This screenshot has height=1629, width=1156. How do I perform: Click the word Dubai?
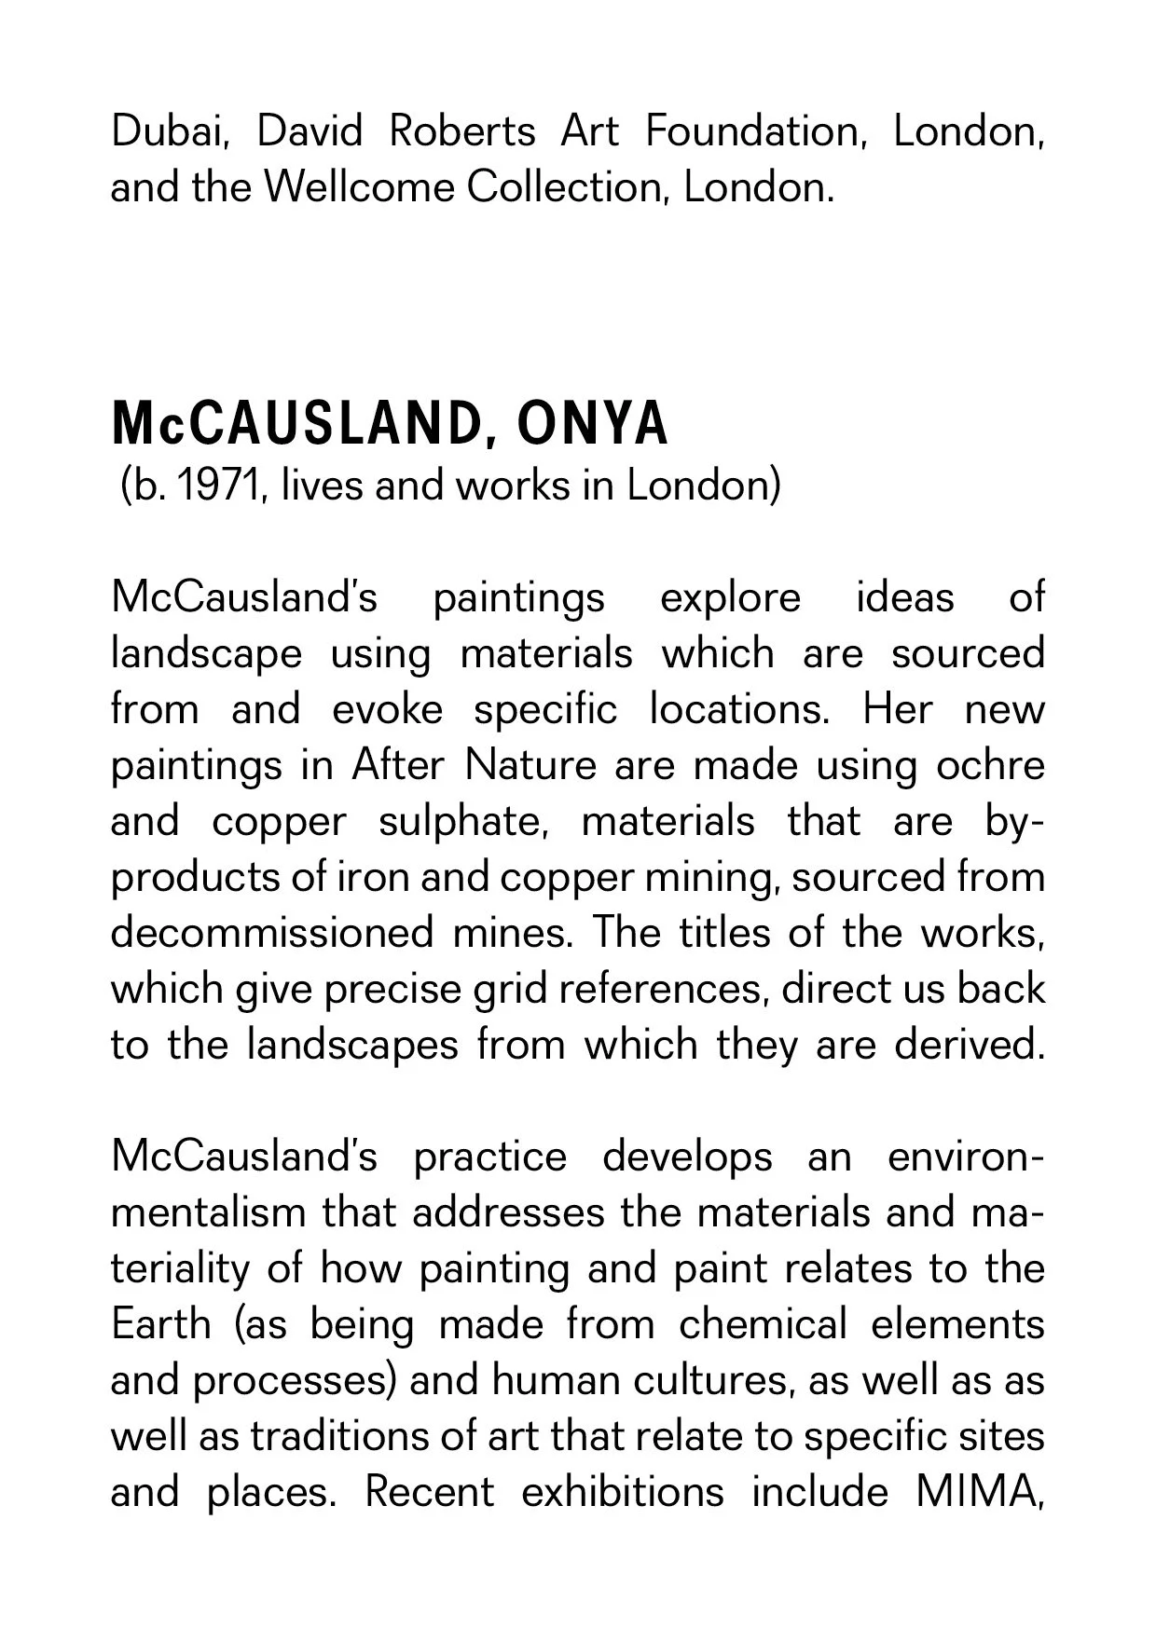pos(168,131)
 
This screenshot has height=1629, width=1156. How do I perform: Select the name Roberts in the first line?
pos(461,131)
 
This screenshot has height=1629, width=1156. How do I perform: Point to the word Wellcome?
pos(359,187)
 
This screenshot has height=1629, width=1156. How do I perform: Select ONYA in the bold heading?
pos(592,424)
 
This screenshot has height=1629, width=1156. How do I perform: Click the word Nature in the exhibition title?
pos(530,766)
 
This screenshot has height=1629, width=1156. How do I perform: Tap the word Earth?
pos(160,1324)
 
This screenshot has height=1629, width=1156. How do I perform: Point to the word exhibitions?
pos(622,1492)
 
